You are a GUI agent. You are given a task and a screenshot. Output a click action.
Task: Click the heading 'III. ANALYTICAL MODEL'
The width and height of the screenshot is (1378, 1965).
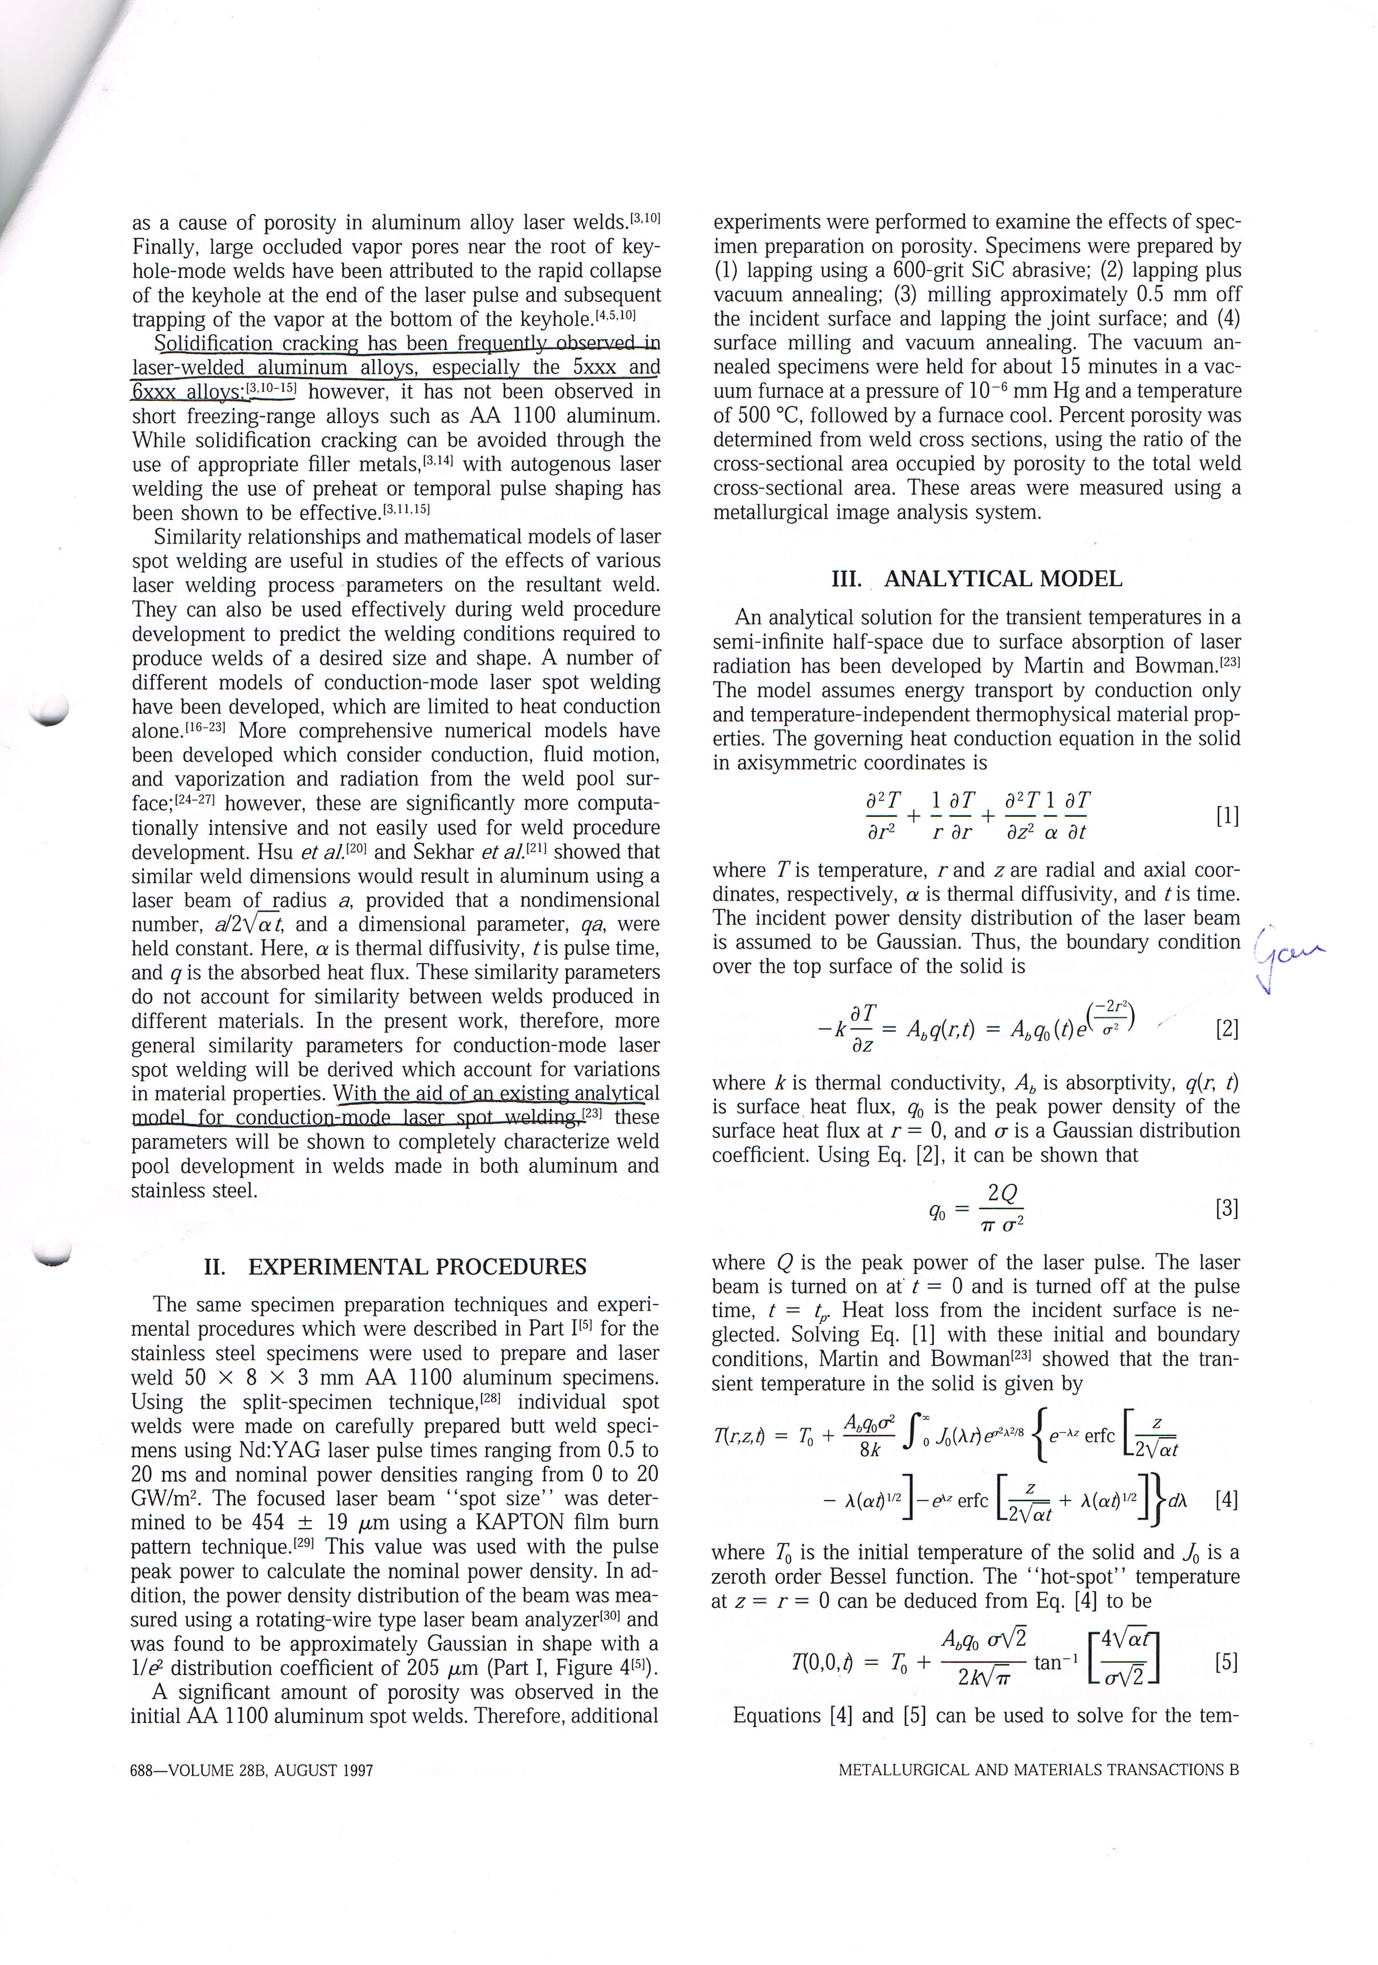coord(976,579)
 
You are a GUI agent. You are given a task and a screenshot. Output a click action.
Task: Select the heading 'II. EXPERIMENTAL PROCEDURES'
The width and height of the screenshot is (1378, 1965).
coord(395,1267)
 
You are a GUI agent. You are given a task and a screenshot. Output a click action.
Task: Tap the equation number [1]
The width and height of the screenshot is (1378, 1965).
coord(1226,816)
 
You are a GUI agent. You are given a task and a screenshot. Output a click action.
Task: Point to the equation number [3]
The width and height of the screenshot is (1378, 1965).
coord(1226,1208)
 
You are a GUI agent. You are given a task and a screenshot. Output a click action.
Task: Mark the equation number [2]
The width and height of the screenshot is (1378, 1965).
coord(1226,1028)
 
